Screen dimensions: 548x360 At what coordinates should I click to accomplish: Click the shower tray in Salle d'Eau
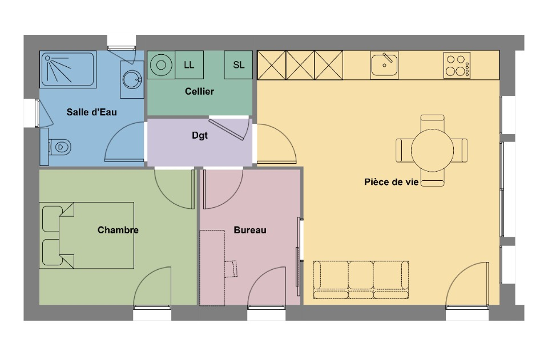click(x=68, y=69)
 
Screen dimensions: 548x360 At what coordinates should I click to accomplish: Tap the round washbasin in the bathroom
click(x=132, y=80)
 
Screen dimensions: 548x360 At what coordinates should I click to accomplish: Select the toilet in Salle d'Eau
click(x=59, y=147)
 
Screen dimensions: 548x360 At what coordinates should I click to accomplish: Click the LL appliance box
click(x=189, y=65)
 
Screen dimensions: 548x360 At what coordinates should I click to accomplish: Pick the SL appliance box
click(x=239, y=65)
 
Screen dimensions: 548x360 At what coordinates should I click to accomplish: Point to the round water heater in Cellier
click(x=161, y=65)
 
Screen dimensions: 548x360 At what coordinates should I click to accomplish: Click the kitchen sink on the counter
click(x=384, y=65)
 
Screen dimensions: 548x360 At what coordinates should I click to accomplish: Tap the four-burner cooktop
click(x=457, y=65)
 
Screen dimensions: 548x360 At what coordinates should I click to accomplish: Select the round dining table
click(x=432, y=151)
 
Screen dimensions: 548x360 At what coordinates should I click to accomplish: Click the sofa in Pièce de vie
click(x=361, y=280)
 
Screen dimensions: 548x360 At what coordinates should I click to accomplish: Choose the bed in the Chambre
click(x=86, y=236)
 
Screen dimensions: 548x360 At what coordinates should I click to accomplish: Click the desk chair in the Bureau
click(x=231, y=269)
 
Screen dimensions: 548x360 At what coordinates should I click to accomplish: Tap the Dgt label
click(x=200, y=135)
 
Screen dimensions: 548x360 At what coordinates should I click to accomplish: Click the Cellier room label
click(x=199, y=91)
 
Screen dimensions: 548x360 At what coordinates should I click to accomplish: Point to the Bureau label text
click(x=250, y=230)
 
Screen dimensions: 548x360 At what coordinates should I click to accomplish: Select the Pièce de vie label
click(x=392, y=182)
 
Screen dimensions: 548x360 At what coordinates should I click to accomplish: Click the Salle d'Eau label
click(x=91, y=112)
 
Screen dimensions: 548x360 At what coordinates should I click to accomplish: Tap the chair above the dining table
click(x=432, y=122)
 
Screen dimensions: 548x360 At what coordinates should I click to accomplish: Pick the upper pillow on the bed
click(x=53, y=219)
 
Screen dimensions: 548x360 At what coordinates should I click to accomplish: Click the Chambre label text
click(x=118, y=230)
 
